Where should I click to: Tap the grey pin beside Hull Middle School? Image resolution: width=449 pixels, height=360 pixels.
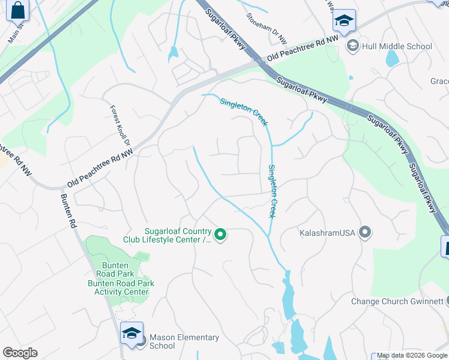click(x=353, y=46)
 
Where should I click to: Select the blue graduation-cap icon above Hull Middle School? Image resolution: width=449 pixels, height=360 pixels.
click(x=344, y=22)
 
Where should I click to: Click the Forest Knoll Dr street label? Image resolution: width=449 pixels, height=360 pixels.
click(x=119, y=126)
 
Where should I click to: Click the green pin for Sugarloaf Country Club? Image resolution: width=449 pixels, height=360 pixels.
click(x=220, y=235)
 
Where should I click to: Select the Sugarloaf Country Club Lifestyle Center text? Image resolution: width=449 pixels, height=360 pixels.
click(x=178, y=235)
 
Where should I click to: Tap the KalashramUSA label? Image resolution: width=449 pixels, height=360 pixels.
click(x=328, y=232)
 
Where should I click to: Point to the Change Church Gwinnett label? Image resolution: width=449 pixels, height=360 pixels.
click(x=397, y=301)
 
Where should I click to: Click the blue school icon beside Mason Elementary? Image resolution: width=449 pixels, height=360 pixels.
click(x=131, y=334)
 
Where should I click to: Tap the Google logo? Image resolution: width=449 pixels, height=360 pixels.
click(x=20, y=353)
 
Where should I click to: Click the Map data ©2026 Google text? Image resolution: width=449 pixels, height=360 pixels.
click(x=412, y=356)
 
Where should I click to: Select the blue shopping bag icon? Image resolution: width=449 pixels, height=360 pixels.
click(x=17, y=10)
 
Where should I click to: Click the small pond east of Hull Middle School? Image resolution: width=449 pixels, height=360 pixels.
click(x=392, y=58)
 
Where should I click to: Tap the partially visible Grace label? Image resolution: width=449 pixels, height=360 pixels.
click(x=439, y=81)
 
